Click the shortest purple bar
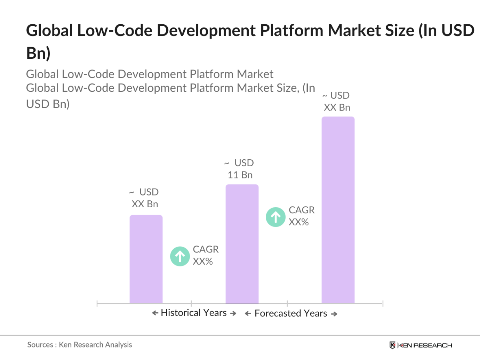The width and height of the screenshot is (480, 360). click(146, 259)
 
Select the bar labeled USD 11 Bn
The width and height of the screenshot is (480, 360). click(242, 243)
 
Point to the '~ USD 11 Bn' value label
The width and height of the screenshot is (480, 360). click(240, 169)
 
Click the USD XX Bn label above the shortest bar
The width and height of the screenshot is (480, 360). click(144, 198)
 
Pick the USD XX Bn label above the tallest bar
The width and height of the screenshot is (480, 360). click(336, 102)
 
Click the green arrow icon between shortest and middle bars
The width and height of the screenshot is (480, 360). click(180, 256)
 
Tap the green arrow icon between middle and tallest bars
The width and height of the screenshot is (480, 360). click(275, 217)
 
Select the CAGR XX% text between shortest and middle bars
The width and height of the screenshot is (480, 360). click(205, 255)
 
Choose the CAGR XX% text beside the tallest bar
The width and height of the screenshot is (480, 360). click(301, 216)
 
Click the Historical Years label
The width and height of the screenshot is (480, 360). click(194, 313)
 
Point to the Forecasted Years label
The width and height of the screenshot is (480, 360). click(291, 314)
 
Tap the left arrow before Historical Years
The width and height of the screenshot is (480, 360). click(155, 313)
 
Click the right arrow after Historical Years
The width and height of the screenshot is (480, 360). click(233, 313)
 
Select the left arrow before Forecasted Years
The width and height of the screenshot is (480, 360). click(248, 314)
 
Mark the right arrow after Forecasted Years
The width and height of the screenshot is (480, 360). click(334, 314)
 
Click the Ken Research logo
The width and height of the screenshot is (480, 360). click(421, 345)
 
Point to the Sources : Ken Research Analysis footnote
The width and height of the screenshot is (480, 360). click(80, 345)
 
